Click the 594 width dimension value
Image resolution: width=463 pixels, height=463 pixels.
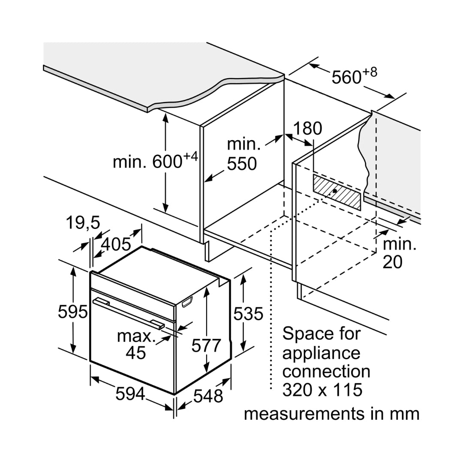click(130, 394)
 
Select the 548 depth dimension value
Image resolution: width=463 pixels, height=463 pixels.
click(208, 396)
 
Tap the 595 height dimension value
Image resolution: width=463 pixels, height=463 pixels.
click(72, 312)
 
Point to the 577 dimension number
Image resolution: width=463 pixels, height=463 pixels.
click(206, 345)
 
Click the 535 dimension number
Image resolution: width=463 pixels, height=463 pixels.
click(248, 314)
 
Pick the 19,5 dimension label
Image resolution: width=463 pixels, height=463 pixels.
click(83, 222)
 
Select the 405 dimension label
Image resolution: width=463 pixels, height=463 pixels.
click(116, 244)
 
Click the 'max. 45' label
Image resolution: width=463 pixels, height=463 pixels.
click(136, 344)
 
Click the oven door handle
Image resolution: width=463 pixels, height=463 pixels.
click(128, 314)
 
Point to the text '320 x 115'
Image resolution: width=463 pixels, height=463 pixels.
click(322, 390)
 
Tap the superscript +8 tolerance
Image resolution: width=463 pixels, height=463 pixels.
click(370, 72)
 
